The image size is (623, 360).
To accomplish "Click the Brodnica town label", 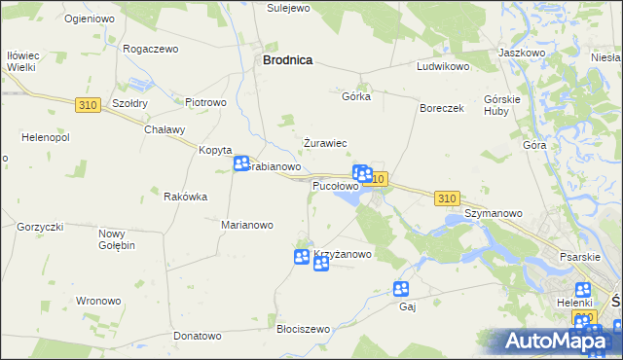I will [287, 59].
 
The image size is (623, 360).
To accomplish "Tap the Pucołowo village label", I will [335, 185].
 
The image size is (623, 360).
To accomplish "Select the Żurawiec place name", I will [325, 143].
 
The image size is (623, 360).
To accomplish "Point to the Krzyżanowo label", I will [344, 255].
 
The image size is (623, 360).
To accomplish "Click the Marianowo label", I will [246, 225].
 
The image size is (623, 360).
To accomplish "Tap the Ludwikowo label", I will [443, 67].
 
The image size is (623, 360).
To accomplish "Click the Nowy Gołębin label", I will [116, 238].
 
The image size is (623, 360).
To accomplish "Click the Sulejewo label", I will [288, 8].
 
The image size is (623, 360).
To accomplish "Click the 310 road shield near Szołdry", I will [87, 102].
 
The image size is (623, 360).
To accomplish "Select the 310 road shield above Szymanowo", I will [447, 198].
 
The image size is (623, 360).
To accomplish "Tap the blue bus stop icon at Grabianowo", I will [241, 164].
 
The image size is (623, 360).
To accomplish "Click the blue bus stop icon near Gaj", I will [401, 288].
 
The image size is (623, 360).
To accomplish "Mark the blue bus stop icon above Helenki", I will [583, 289].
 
